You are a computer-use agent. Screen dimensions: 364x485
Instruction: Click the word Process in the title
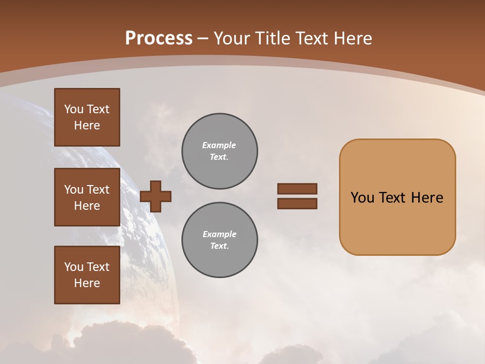click(x=159, y=38)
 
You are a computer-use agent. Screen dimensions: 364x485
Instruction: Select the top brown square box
click(x=87, y=117)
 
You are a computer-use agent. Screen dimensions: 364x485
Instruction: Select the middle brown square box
click(x=87, y=197)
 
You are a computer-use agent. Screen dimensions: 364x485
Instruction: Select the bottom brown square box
click(x=87, y=275)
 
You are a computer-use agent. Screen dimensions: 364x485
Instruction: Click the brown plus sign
click(x=156, y=196)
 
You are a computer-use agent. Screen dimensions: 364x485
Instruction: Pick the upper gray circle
click(x=219, y=151)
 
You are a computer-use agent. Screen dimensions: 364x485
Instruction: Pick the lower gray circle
click(x=219, y=240)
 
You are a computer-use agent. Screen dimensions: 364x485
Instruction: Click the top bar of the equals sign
click(x=297, y=189)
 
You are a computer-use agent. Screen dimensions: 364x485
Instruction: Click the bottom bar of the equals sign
click(x=297, y=203)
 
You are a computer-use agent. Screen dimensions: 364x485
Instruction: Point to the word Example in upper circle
click(x=219, y=145)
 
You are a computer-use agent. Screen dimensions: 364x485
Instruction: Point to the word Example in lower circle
click(x=219, y=234)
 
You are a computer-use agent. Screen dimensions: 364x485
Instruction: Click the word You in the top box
click(x=73, y=109)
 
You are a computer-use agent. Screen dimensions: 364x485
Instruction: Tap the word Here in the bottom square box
click(x=87, y=283)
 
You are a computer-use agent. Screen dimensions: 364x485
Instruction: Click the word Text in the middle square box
click(x=98, y=190)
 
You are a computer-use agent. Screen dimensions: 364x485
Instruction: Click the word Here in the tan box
click(x=427, y=198)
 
